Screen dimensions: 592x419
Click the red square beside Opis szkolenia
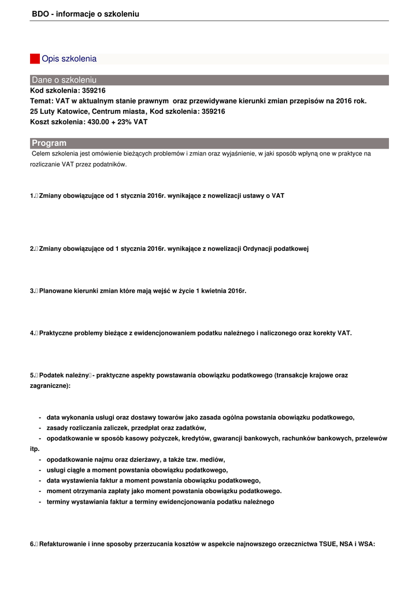(35, 59)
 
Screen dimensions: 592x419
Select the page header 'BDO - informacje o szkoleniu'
(86, 14)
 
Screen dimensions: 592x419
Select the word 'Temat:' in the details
(42, 101)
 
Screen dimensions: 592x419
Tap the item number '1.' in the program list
(32, 196)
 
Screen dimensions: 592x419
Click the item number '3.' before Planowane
(32, 291)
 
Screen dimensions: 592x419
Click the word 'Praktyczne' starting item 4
(57, 333)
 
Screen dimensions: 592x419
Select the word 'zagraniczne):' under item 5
(50, 385)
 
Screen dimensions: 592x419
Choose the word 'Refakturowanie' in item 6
(62, 544)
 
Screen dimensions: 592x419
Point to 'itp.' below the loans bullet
(35, 449)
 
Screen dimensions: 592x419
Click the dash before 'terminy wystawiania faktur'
(39, 502)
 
